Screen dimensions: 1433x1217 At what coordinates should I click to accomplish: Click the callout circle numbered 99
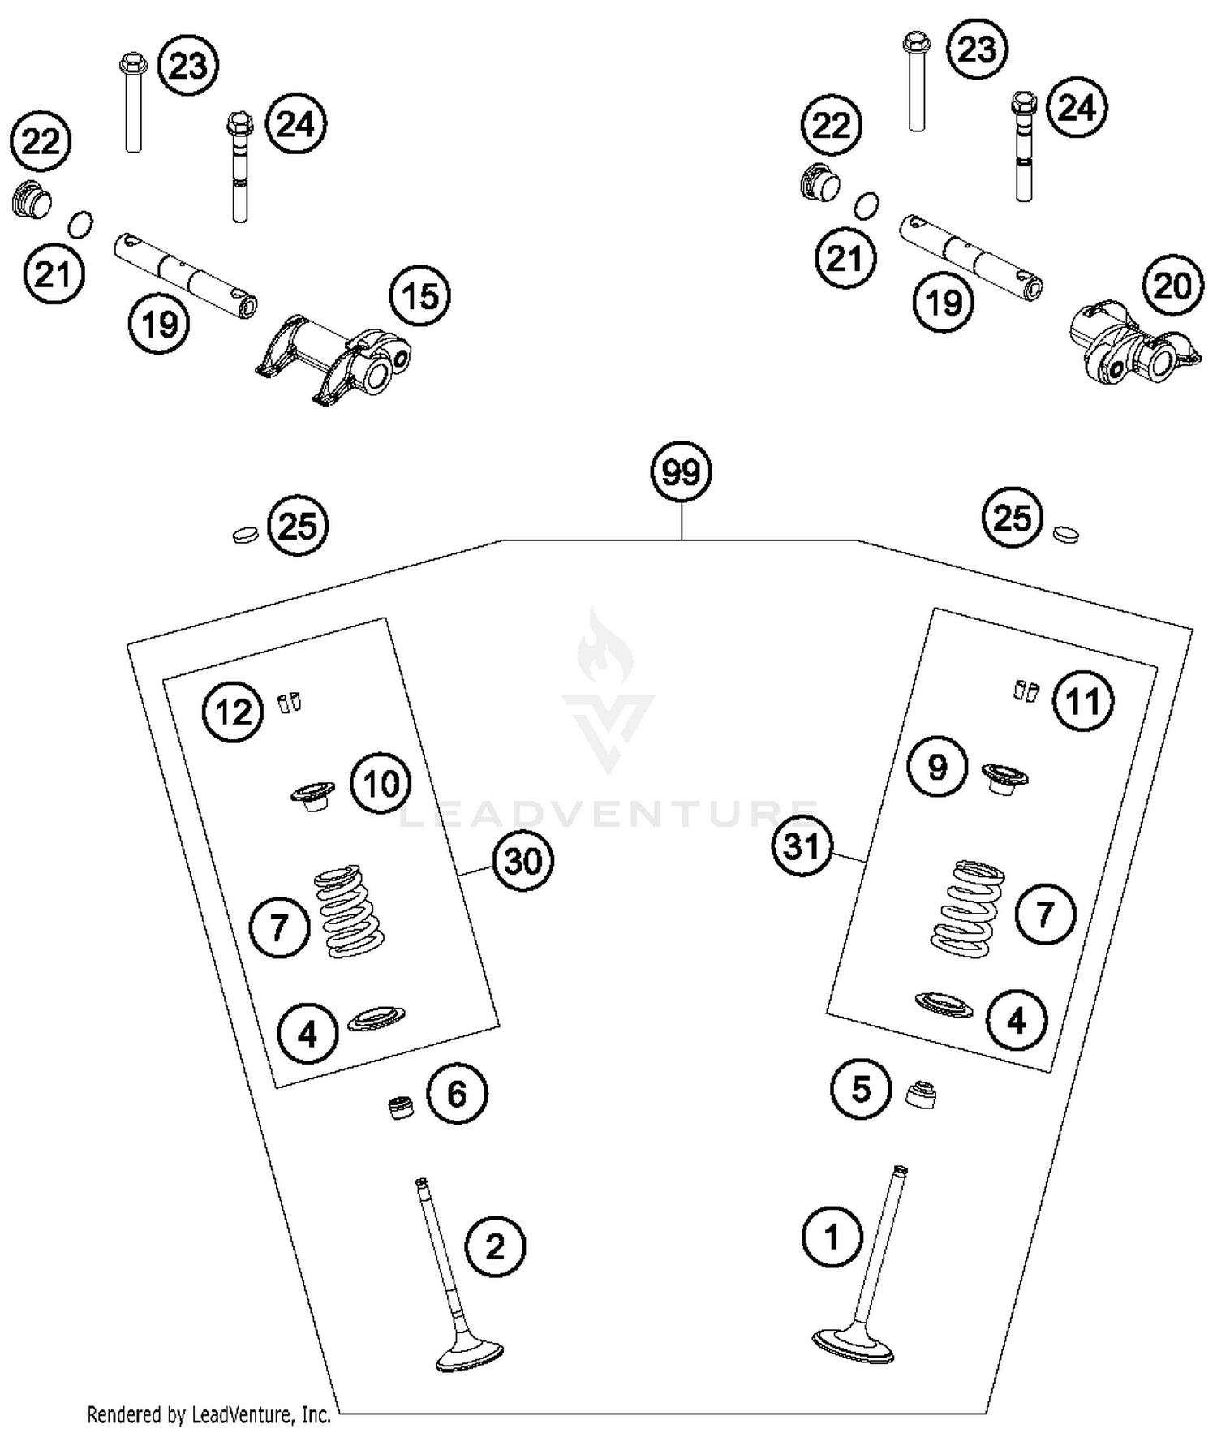(682, 472)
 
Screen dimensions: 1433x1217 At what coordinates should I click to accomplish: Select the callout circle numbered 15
(420, 297)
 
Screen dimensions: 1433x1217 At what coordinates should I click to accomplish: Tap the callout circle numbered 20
(1172, 286)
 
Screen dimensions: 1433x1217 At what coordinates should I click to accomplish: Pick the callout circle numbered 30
(523, 861)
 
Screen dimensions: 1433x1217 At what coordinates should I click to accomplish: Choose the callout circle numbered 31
(802, 847)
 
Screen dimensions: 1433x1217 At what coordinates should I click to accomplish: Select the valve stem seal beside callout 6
(400, 1108)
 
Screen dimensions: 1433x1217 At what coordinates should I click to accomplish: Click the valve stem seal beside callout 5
(921, 1095)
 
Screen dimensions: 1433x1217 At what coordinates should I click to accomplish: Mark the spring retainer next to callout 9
(1004, 777)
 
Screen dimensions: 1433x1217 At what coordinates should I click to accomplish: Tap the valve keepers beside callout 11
(1026, 691)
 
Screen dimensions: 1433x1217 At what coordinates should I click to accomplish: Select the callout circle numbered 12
(234, 712)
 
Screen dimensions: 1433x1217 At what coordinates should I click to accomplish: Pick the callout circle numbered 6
(457, 1095)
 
